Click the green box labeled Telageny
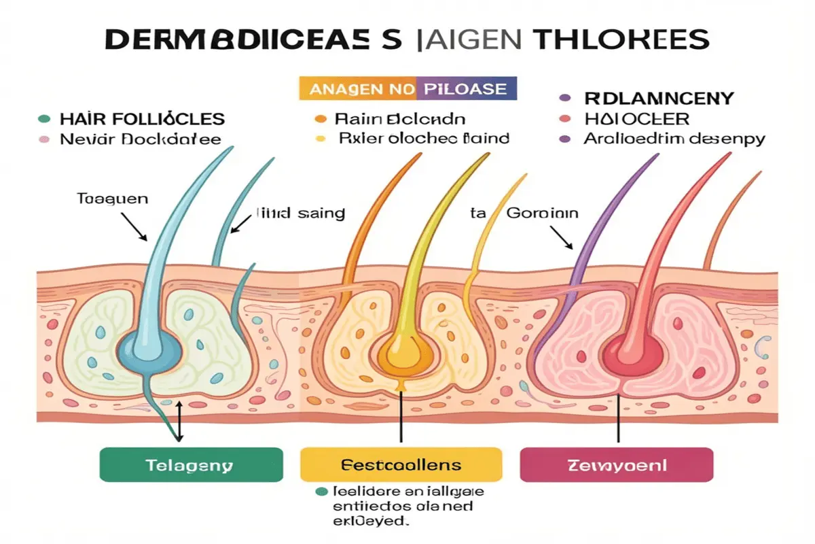pyautogui.click(x=191, y=465)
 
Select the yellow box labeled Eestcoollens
pyautogui.click(x=400, y=465)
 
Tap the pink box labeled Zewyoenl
pyautogui.click(x=616, y=465)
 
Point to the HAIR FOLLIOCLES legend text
pyautogui.click(x=141, y=119)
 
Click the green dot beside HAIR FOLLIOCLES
pyautogui.click(x=44, y=119)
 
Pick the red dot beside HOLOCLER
pyautogui.click(x=563, y=119)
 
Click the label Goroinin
pyautogui.click(x=541, y=213)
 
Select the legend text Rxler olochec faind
pyautogui.click(x=422, y=139)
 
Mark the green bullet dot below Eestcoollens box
pyautogui.click(x=320, y=491)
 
